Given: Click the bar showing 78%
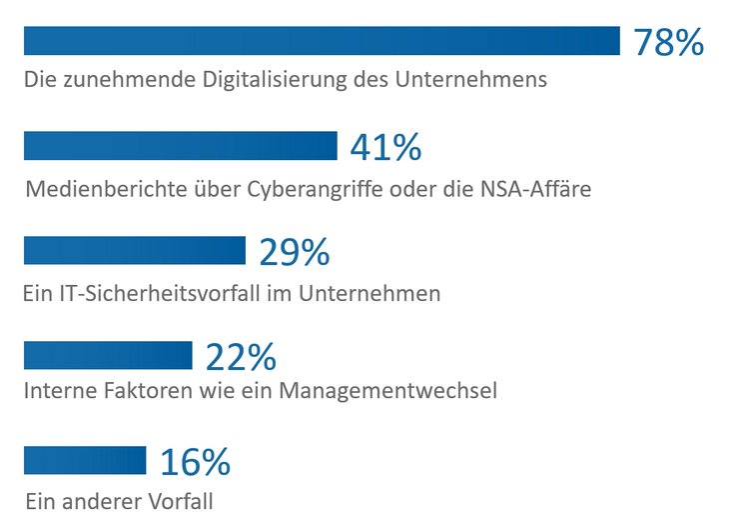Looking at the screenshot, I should point(322,41).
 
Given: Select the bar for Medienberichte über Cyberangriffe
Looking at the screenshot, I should point(181,146).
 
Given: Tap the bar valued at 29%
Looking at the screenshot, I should point(134,251).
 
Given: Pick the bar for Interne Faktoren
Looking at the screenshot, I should point(108,355).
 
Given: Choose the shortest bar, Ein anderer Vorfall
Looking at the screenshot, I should point(85,460).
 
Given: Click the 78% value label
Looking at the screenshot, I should point(669,43).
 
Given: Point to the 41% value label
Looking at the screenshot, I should point(385,148).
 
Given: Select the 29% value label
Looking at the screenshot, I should point(294,253).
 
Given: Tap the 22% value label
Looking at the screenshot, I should point(241,357).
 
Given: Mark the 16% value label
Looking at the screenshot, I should point(195,462).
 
